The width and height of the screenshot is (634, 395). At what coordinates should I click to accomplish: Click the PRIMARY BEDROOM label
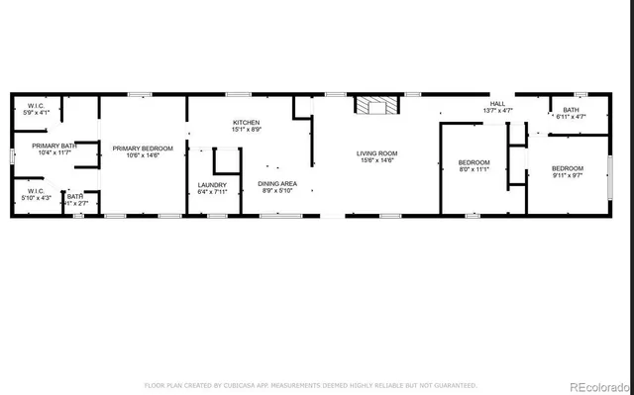pos(143,148)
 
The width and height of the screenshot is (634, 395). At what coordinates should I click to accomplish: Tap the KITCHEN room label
pos(247,122)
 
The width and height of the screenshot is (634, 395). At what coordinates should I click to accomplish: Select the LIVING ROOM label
pos(377,153)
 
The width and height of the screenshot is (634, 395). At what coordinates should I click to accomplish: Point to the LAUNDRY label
pos(212,184)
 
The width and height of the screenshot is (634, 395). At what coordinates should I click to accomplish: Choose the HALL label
pos(497,103)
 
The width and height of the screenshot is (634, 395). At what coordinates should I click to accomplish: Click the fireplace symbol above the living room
pos(378,106)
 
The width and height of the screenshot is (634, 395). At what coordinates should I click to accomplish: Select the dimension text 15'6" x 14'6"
pos(377,160)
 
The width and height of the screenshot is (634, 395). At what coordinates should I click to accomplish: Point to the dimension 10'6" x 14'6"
pos(143,155)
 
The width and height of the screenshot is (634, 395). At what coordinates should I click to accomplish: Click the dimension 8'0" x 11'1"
pos(474,169)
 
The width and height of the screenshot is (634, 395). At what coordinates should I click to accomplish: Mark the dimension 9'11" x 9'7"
pos(568,176)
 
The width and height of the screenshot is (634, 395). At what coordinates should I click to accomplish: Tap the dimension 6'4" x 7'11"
pos(212,192)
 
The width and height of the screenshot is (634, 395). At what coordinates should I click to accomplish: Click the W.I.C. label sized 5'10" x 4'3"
pos(35,191)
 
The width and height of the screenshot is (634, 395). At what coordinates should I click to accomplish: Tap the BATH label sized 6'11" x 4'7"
pos(572,110)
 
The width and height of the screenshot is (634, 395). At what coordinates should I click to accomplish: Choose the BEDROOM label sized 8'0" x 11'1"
pos(474,161)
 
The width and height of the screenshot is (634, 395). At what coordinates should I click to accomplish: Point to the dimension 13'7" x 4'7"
pos(497,110)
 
